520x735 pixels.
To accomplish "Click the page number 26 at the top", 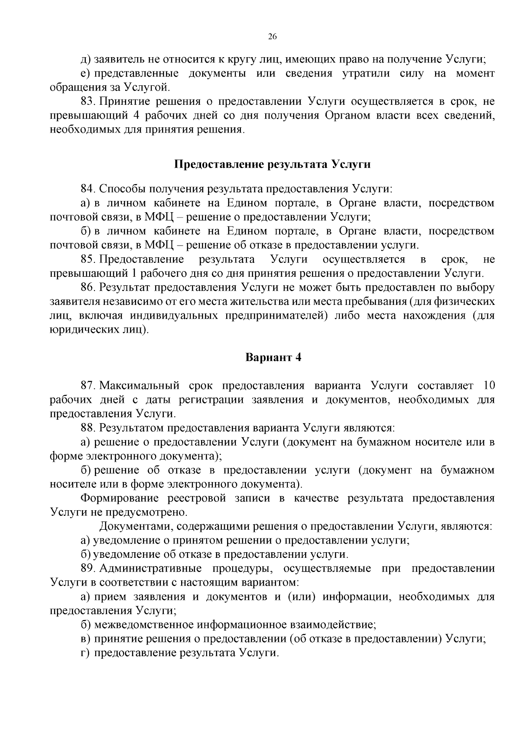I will tap(273, 37).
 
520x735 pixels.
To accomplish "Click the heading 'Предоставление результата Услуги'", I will tap(273, 165).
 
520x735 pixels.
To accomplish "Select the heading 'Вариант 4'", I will tap(273, 357).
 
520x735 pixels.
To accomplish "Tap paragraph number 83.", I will tap(88, 102).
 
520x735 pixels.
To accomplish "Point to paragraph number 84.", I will tap(88, 189).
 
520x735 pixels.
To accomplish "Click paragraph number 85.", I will tap(88, 259).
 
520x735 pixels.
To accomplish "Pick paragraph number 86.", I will tap(88, 288).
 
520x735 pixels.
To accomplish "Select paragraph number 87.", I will tap(88, 385).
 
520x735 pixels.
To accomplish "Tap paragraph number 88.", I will tap(88, 428).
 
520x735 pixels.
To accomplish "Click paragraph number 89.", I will tap(88, 569).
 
